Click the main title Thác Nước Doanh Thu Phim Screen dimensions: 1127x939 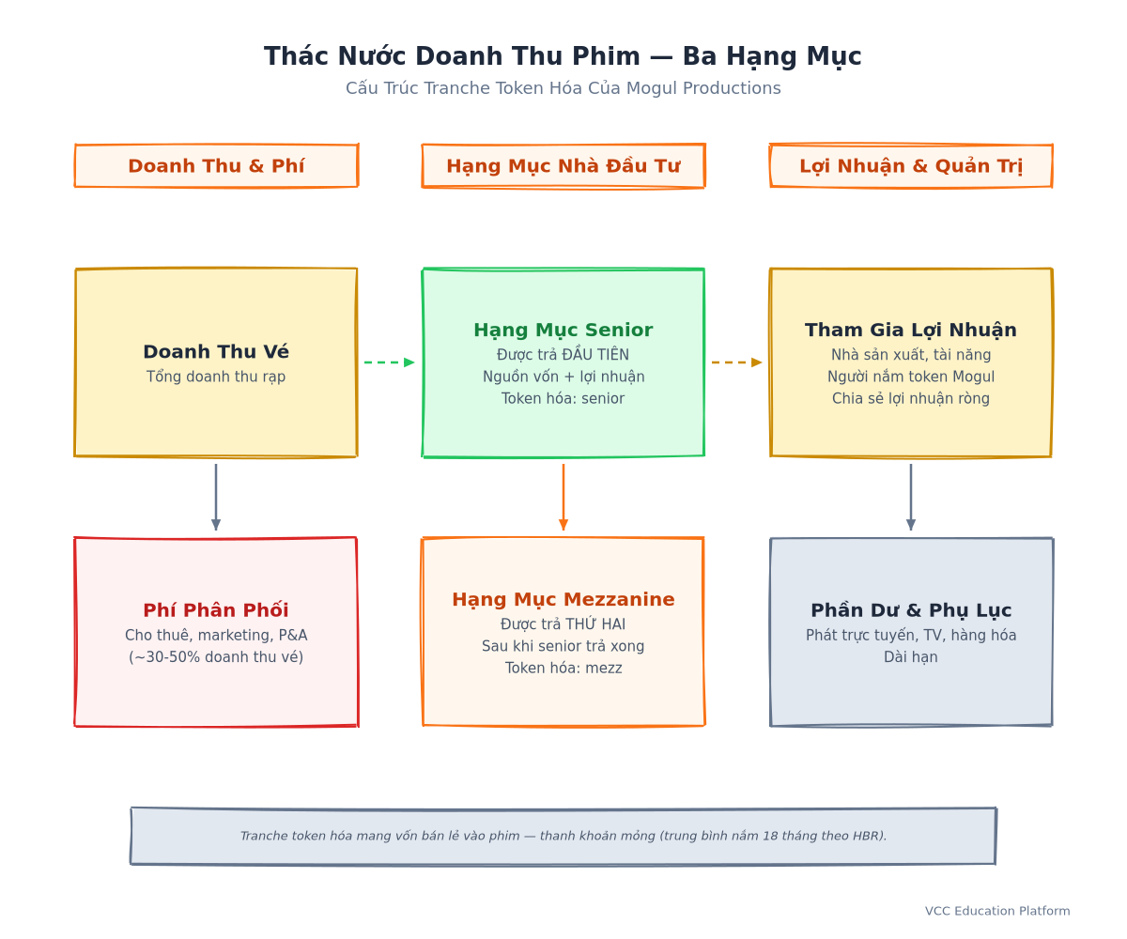(x=452, y=56)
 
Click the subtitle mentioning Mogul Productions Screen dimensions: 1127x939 (x=563, y=88)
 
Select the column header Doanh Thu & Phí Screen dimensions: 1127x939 (x=216, y=165)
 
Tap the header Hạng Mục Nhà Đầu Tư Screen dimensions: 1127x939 (x=563, y=166)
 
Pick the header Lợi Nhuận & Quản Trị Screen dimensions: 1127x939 (x=911, y=166)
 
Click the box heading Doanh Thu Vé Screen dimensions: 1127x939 (x=216, y=351)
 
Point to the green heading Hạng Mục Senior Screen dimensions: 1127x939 (x=563, y=331)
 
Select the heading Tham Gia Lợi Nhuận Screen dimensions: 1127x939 (x=911, y=331)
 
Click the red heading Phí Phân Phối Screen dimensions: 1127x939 (x=216, y=609)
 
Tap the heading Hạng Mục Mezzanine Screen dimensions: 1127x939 (x=563, y=600)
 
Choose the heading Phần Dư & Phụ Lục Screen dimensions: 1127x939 (x=911, y=610)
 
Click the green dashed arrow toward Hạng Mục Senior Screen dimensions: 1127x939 (x=389, y=362)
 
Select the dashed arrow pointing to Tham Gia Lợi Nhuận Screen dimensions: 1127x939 (x=736, y=362)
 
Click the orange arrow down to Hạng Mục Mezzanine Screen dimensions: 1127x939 (x=563, y=497)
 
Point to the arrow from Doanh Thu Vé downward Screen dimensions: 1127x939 (x=216, y=497)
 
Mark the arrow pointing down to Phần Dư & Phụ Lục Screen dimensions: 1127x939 (x=911, y=497)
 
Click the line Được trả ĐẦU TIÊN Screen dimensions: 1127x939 (x=563, y=355)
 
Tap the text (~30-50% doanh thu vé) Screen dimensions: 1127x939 (x=216, y=656)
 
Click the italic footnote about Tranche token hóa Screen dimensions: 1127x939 (x=563, y=836)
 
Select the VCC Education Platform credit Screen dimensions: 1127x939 (x=996, y=911)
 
